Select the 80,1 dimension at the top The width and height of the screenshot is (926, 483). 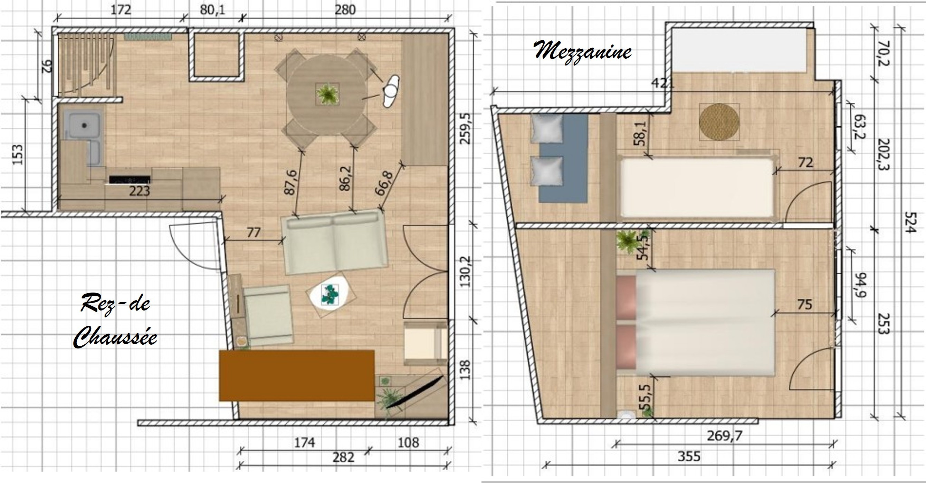[x=212, y=10]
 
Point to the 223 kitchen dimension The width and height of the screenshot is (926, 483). [x=140, y=191]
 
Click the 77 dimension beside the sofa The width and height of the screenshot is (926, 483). [x=254, y=232]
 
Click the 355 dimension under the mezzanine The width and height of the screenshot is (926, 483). [x=689, y=456]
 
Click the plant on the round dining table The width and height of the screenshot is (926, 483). [x=327, y=94]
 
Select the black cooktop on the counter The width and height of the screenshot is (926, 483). [x=130, y=179]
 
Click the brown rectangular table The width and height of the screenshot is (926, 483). [x=297, y=376]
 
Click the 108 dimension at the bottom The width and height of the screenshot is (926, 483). [x=408, y=442]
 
